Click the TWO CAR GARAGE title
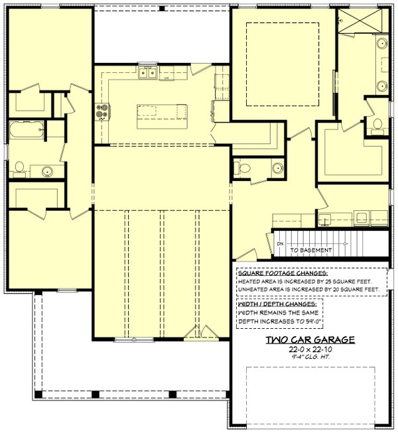point(310,340)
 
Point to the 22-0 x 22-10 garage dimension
point(310,349)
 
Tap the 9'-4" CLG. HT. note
point(310,357)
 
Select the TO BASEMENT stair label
point(310,250)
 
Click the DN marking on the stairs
point(280,244)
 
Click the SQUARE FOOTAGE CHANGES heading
point(283,273)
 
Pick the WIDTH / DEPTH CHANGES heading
point(277,304)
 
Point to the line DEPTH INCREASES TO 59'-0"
point(281,322)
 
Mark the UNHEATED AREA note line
point(308,289)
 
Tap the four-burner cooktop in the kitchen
point(102,111)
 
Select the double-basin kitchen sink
point(148,73)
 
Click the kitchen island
point(162,116)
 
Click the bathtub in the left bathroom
point(27,130)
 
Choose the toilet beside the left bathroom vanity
point(19,169)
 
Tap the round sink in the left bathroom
point(48,171)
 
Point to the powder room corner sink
point(277,168)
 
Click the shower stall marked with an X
point(360,21)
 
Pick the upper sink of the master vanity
point(383,43)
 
